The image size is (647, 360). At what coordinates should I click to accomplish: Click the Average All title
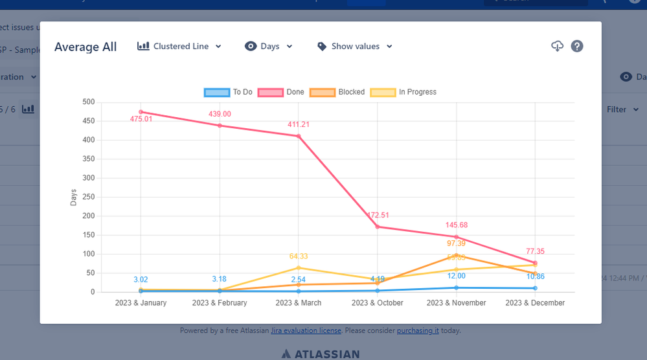pyautogui.click(x=85, y=47)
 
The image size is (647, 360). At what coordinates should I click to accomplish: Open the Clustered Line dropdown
pyautogui.click(x=179, y=47)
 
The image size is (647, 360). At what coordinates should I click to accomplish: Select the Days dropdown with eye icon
pyautogui.click(x=269, y=47)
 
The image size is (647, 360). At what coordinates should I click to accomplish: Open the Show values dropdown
pyautogui.click(x=355, y=47)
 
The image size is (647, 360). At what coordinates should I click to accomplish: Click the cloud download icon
pyautogui.click(x=557, y=46)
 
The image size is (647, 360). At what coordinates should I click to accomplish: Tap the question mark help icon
pyautogui.click(x=577, y=46)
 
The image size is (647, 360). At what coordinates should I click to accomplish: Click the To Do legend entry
pyautogui.click(x=228, y=92)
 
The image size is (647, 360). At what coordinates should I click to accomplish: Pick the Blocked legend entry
pyautogui.click(x=337, y=92)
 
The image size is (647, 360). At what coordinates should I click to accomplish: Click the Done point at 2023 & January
pyautogui.click(x=141, y=112)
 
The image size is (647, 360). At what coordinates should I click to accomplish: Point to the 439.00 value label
pyautogui.click(x=220, y=114)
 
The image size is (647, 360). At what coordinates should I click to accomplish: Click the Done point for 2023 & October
pyautogui.click(x=378, y=227)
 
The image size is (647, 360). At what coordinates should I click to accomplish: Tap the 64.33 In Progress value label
pyautogui.click(x=299, y=256)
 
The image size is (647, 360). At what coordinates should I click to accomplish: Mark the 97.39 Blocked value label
pyautogui.click(x=457, y=243)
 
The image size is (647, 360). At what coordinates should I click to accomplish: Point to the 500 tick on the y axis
pyautogui.click(x=87, y=102)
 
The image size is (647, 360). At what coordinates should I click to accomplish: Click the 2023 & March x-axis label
pyautogui.click(x=299, y=303)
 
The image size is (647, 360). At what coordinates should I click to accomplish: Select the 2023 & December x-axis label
pyautogui.click(x=535, y=303)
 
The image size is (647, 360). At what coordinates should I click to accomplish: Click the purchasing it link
pyautogui.click(x=418, y=330)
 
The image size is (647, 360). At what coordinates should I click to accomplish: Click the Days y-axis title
pyautogui.click(x=73, y=197)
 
